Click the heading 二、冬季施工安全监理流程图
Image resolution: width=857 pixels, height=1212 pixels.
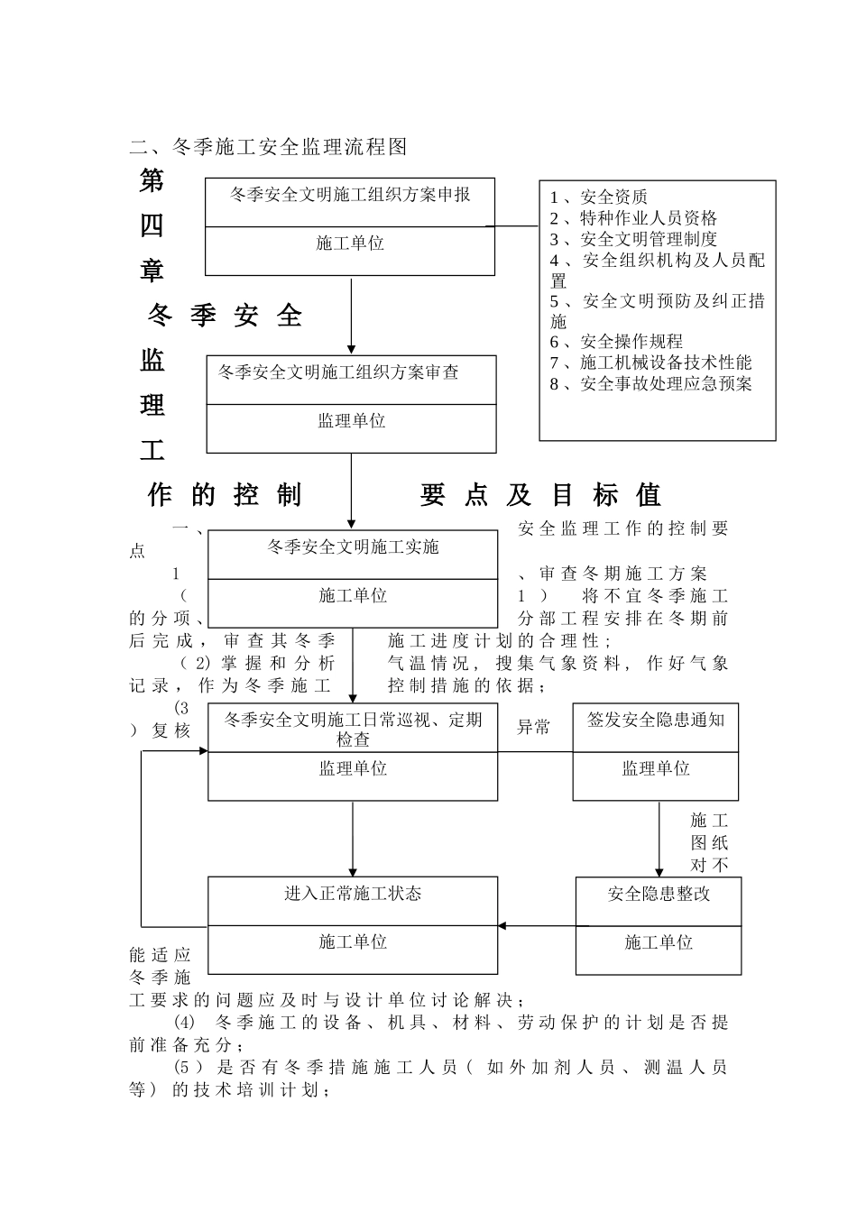pos(268,147)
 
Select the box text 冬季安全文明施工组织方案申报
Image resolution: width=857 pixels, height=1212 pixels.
pos(350,195)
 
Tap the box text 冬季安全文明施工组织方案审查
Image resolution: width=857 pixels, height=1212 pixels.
pos(338,372)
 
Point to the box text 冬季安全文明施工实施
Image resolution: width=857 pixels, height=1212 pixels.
pos(353,546)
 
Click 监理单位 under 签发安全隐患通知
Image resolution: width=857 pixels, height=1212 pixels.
pos(656,768)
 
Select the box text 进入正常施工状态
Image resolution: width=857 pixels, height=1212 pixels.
pos(353,894)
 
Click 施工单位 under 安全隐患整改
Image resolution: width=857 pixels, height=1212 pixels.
pos(659,942)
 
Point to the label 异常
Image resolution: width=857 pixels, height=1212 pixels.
pos(533,727)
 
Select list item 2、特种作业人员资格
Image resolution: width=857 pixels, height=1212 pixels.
pos(633,217)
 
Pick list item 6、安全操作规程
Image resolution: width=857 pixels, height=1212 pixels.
pos(616,341)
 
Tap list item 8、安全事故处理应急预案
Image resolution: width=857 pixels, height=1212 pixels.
pos(650,383)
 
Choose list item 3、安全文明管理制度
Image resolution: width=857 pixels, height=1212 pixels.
pos(633,239)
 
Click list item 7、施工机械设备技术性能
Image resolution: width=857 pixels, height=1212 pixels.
pos(650,363)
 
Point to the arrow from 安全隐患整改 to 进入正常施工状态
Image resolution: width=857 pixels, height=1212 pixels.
pos(537,925)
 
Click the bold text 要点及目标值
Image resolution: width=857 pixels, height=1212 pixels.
pos(540,494)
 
